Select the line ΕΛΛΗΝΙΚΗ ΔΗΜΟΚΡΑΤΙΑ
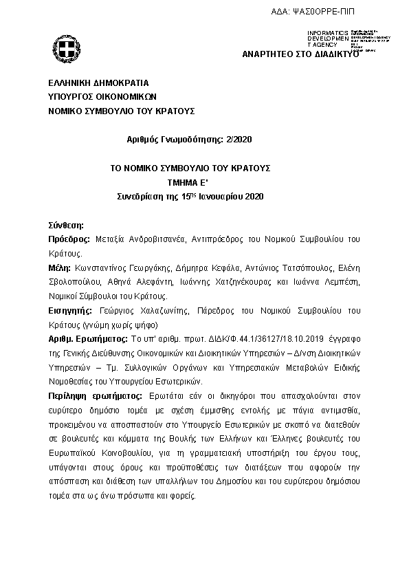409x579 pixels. tap(89, 83)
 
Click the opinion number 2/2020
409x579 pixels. tap(239, 139)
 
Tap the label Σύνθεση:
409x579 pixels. tap(65, 224)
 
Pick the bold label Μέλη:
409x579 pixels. tap(60, 267)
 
